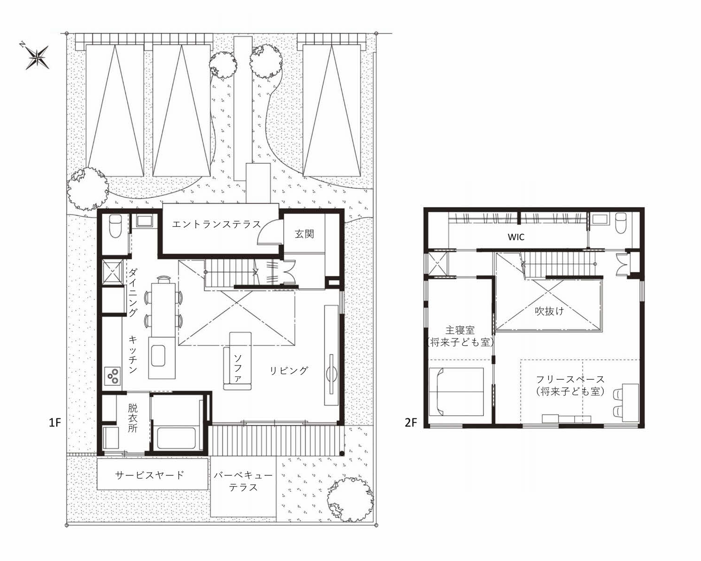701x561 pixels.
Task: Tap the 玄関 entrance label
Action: (x=304, y=234)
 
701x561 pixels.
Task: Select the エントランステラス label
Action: (x=216, y=224)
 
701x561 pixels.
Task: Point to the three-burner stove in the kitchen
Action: (x=113, y=376)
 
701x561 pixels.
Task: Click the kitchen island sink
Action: (x=158, y=356)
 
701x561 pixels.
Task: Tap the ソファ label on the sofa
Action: (x=237, y=368)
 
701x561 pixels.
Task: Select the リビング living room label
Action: (x=289, y=370)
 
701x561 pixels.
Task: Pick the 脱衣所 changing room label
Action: (x=133, y=418)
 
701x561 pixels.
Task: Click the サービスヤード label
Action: (x=150, y=475)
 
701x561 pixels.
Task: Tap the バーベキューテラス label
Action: (x=243, y=481)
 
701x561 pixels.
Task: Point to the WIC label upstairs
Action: (x=516, y=237)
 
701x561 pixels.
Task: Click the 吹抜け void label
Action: (x=549, y=311)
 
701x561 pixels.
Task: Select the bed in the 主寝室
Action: (x=456, y=392)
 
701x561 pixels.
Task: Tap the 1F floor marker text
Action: (x=55, y=423)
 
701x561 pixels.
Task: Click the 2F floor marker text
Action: (x=411, y=423)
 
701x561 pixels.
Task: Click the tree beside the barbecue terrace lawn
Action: (x=350, y=500)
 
